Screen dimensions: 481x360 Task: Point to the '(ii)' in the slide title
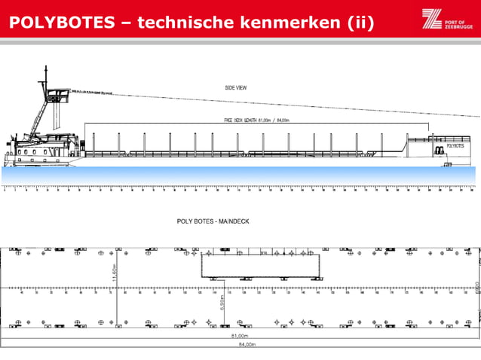pyautogui.click(x=361, y=22)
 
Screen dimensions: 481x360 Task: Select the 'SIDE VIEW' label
pyautogui.click(x=236, y=87)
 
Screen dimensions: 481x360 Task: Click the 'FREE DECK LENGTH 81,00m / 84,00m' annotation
pyautogui.click(x=257, y=119)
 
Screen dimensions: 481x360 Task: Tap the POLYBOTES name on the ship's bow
pyautogui.click(x=455, y=146)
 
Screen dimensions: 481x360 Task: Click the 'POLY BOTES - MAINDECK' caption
pyautogui.click(x=217, y=222)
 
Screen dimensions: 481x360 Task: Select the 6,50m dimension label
pyautogui.click(x=221, y=302)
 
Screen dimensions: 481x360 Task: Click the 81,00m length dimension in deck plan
pyautogui.click(x=240, y=336)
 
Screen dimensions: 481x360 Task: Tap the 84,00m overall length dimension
pyautogui.click(x=240, y=345)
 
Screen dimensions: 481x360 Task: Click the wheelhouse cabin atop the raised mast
pyautogui.click(x=56, y=96)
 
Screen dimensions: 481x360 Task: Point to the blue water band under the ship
pyautogui.click(x=240, y=175)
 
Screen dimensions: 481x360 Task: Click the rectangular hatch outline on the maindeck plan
pyautogui.click(x=260, y=265)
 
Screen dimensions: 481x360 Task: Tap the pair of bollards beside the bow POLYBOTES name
pyautogui.click(x=437, y=150)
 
